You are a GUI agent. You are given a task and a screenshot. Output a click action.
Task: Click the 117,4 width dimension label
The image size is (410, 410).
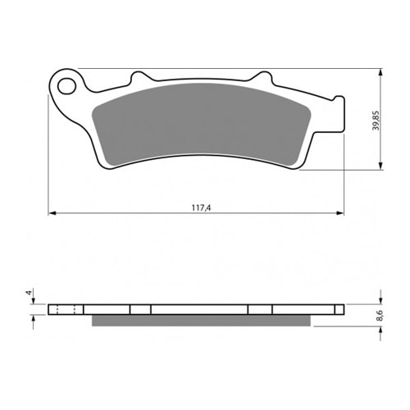(201, 208)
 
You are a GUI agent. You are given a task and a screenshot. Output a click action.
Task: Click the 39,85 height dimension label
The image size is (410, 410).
(376, 121)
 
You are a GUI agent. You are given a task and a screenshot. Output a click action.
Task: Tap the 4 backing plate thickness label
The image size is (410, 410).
(28, 293)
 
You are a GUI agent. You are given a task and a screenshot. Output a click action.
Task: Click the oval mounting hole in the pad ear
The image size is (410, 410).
(66, 86)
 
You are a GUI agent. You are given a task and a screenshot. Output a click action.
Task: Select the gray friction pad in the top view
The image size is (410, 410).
(202, 125)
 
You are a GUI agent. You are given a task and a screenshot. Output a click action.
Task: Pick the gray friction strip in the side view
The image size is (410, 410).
(201, 321)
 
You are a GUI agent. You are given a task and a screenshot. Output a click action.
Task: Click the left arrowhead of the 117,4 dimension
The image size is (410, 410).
(52, 213)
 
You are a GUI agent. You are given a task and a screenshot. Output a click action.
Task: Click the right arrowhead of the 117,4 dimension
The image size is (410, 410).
(340, 213)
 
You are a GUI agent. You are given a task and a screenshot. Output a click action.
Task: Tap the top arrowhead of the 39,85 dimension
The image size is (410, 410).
(381, 72)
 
